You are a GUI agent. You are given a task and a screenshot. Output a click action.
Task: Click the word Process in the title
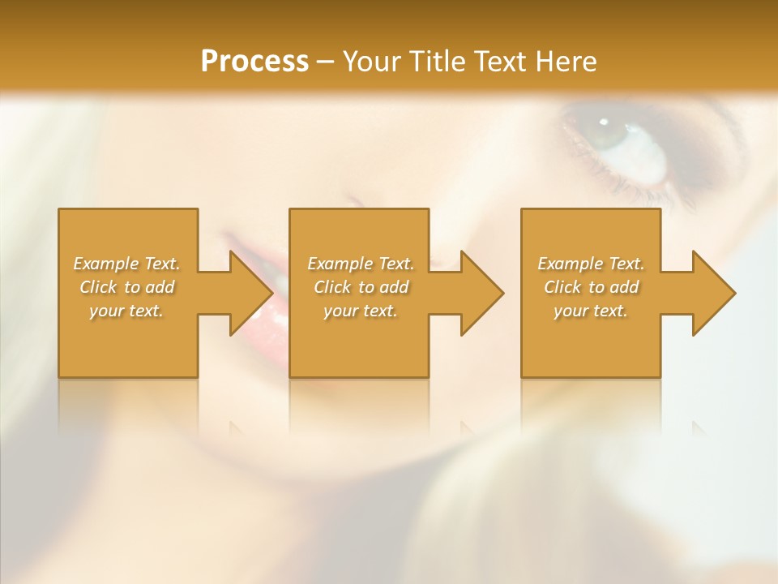(254, 62)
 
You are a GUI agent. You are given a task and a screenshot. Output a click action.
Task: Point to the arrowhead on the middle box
(481, 293)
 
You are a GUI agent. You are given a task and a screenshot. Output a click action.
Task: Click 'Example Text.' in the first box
(126, 264)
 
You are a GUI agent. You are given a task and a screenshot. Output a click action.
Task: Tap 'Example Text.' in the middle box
(361, 264)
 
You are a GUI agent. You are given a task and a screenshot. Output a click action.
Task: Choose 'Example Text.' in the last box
(591, 264)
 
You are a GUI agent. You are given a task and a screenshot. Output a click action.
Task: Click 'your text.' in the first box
(126, 311)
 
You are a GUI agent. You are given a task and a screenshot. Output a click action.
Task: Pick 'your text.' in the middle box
(361, 311)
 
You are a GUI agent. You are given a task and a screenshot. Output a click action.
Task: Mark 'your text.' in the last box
(591, 311)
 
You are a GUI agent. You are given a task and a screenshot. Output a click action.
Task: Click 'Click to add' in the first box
(126, 287)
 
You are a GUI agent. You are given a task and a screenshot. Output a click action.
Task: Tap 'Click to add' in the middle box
(361, 287)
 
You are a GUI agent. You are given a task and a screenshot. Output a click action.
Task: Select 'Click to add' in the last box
(591, 287)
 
